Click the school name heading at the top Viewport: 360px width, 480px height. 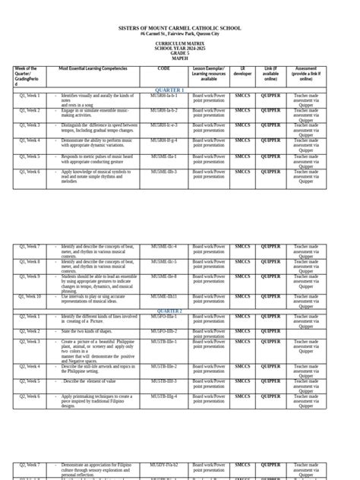coord(180,28)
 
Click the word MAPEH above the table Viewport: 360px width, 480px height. coord(180,58)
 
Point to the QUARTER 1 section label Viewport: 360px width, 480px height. coord(169,90)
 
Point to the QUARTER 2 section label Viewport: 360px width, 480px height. coord(169,311)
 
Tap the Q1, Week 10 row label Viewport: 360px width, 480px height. coord(30,296)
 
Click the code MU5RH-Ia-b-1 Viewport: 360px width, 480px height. coord(164,95)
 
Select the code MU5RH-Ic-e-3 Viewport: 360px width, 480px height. coord(164,125)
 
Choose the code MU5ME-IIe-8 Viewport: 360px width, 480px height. coord(164,276)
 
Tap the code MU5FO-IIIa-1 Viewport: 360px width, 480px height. coord(164,316)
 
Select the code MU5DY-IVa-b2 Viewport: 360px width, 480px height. coord(164,464)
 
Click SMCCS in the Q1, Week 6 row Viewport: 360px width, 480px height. coord(242,172)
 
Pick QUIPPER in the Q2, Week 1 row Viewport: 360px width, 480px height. coord(270,316)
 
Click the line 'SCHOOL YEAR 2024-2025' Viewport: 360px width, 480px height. coord(180,48)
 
